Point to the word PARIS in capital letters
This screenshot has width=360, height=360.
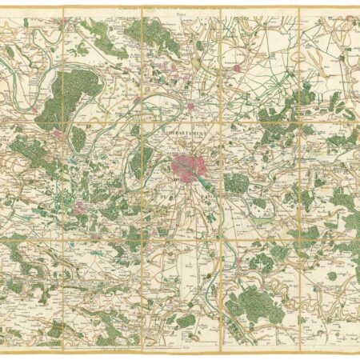click(x=207, y=193)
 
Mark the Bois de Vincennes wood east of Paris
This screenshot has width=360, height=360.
click(x=234, y=182)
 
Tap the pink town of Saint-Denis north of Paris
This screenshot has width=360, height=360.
click(x=191, y=104)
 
